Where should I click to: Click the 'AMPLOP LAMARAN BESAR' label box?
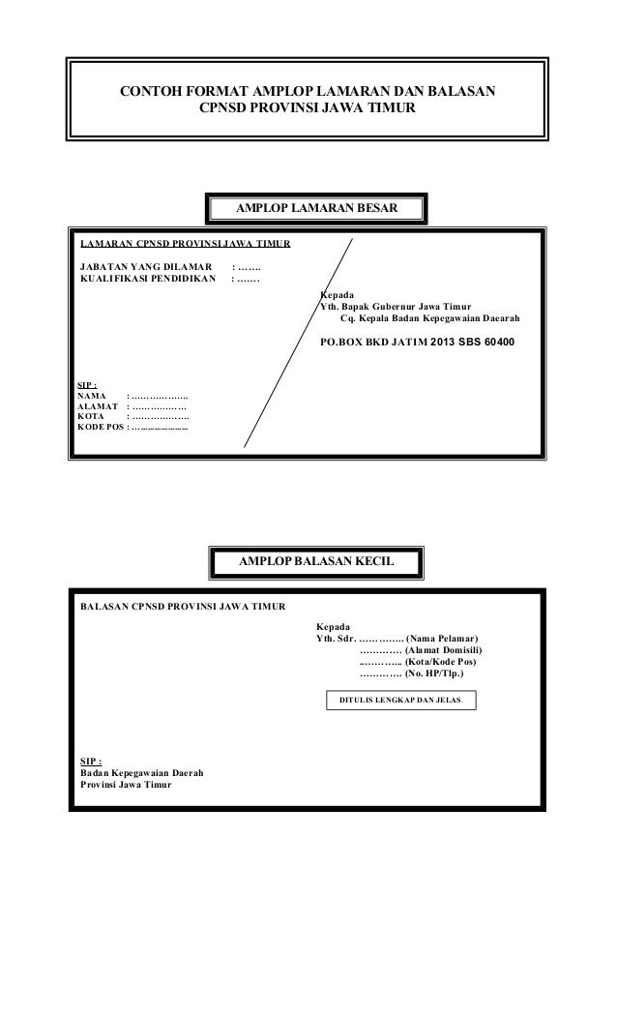315,208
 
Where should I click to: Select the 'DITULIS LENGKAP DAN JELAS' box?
403,699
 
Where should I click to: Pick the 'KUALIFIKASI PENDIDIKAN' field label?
148,280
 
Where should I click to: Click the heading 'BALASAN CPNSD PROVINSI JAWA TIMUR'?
182,607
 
